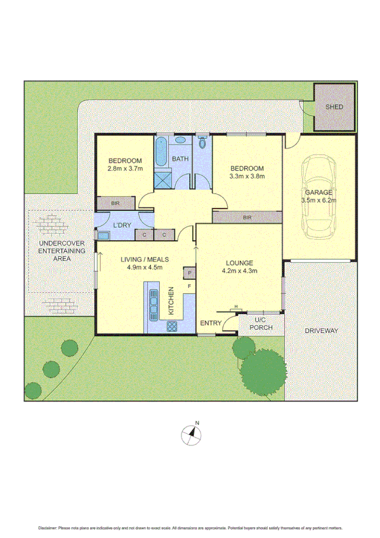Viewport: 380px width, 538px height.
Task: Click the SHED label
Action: click(334, 107)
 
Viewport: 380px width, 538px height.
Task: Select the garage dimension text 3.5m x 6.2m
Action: click(319, 200)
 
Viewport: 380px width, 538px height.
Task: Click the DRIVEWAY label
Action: click(320, 331)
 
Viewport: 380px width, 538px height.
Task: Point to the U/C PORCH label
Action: click(259, 324)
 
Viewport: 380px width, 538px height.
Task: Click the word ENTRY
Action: click(211, 324)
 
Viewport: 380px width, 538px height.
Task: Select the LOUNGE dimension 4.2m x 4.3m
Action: click(239, 272)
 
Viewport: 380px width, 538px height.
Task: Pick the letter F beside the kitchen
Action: click(189, 287)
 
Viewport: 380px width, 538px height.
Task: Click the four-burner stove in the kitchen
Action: click(171, 327)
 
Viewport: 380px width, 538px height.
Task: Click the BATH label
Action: click(181, 159)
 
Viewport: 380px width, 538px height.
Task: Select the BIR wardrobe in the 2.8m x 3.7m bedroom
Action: click(115, 204)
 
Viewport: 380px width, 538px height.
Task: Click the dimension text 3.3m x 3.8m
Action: click(247, 176)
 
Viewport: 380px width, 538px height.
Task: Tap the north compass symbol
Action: click(190, 435)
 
